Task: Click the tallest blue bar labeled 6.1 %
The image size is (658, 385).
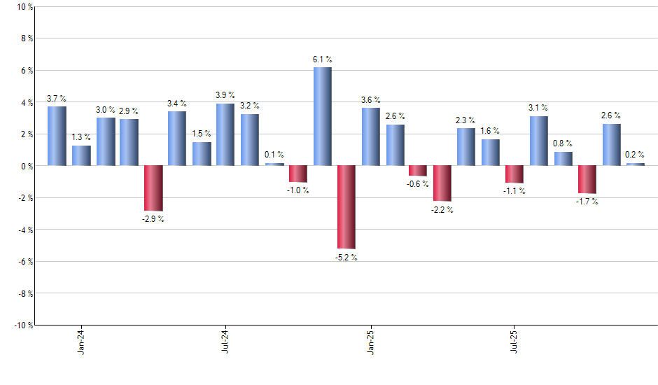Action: tap(322, 117)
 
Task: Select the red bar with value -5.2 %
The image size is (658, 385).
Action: tap(346, 207)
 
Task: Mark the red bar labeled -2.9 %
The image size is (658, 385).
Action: tap(153, 188)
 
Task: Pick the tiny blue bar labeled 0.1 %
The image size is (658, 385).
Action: tap(274, 164)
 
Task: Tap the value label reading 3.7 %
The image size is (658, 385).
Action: tap(57, 99)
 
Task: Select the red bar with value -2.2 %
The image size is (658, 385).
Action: tap(442, 183)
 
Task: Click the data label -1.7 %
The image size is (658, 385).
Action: tap(587, 202)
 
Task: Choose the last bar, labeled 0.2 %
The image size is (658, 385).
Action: tap(636, 164)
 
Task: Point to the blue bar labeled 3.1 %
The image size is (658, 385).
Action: tap(539, 141)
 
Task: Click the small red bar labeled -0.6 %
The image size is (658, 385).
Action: tap(418, 171)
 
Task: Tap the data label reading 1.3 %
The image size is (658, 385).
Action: tap(81, 137)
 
